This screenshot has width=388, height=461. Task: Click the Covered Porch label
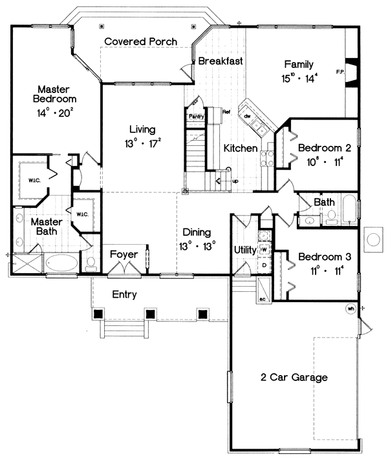(141, 41)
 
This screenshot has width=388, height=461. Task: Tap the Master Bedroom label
(57, 94)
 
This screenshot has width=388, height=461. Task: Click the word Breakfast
(221, 62)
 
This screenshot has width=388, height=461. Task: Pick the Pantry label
(196, 116)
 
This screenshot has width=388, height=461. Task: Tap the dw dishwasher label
(247, 116)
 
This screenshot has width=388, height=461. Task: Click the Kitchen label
(241, 149)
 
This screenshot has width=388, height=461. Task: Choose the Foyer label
(123, 254)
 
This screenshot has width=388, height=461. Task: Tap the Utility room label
(246, 249)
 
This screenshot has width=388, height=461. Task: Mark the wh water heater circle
(351, 308)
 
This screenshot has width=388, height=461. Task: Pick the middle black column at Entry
(150, 314)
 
